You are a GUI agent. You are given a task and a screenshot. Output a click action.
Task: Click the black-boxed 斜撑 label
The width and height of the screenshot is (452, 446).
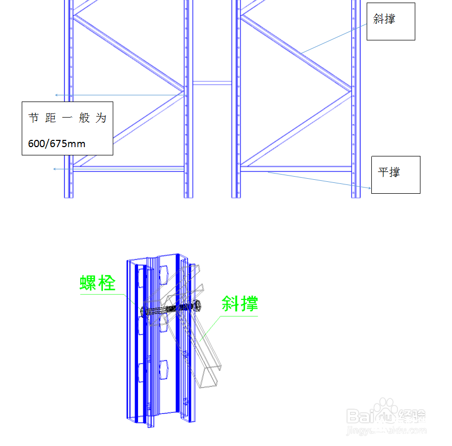[x=384, y=19]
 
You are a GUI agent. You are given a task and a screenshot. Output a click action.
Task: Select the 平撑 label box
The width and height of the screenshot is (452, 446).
[x=396, y=175]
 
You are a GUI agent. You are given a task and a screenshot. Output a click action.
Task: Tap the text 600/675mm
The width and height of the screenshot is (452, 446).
[x=57, y=143]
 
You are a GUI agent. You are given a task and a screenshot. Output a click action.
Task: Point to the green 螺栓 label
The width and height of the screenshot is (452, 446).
[x=97, y=283]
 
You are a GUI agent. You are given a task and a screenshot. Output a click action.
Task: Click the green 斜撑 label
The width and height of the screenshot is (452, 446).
[x=239, y=304]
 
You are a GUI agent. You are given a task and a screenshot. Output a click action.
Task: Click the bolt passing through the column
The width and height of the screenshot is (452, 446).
[x=171, y=309]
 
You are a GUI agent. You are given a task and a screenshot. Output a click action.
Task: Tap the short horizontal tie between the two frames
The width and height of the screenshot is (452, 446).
[x=212, y=83]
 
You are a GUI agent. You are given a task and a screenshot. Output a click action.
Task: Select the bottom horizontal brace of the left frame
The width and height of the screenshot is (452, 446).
[x=129, y=169]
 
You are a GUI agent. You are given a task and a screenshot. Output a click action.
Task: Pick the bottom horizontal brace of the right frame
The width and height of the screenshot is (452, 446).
[x=296, y=169]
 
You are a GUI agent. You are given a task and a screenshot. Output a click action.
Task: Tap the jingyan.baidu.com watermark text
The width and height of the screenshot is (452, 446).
[x=386, y=430]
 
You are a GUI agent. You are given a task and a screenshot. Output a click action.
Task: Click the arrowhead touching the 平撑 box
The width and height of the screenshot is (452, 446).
[x=370, y=188]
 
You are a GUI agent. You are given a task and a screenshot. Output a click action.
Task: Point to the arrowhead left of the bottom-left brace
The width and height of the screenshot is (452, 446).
[x=54, y=169]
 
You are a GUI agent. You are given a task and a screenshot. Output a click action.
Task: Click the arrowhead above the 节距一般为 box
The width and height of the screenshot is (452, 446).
[x=56, y=95]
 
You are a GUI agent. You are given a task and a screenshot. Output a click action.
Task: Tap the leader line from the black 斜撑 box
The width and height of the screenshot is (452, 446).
[x=334, y=39]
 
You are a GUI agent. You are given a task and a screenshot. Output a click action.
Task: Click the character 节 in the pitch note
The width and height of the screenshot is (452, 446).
[x=34, y=118]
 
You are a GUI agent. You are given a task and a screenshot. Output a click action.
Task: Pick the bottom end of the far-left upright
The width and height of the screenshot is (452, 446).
[x=69, y=198]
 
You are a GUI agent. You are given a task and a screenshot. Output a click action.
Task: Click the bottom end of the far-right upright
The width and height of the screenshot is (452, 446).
[x=356, y=198]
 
